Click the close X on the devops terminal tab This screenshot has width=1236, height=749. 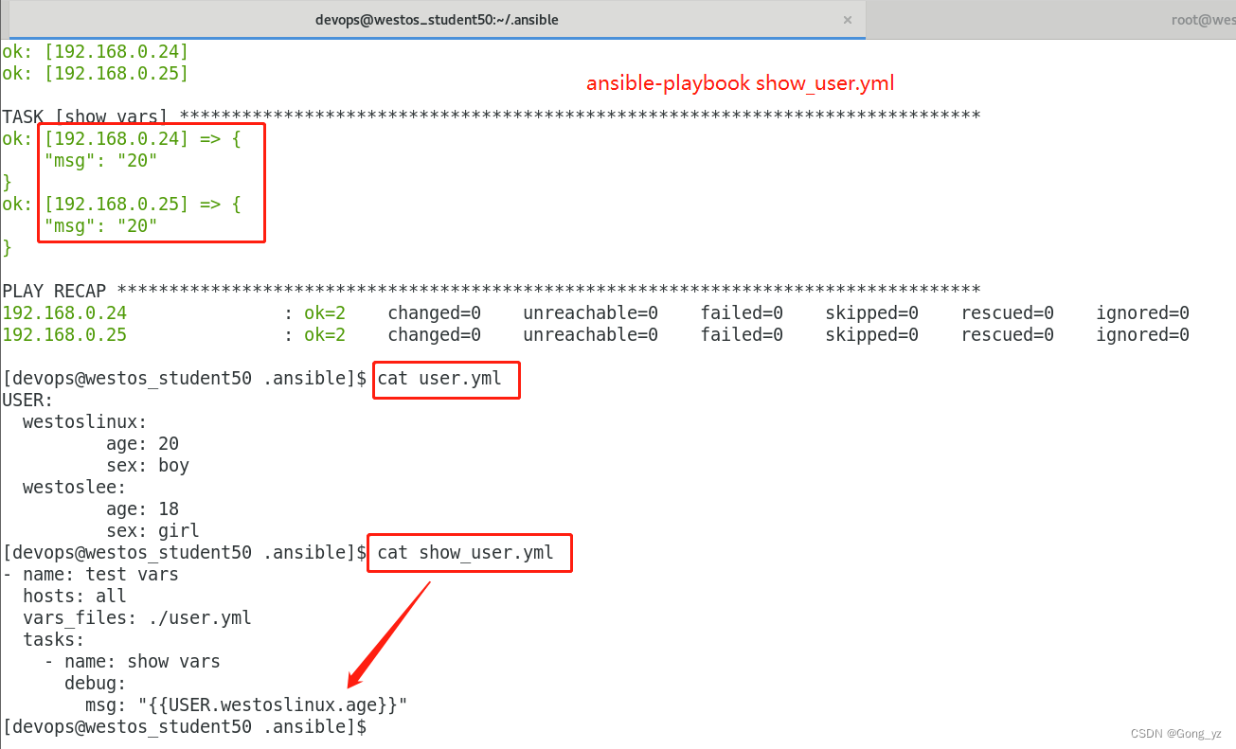click(848, 20)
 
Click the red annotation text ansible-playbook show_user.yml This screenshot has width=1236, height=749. click(740, 83)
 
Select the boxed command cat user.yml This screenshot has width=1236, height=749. click(446, 380)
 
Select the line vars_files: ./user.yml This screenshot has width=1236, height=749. click(137, 617)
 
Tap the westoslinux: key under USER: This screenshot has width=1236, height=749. click(85, 421)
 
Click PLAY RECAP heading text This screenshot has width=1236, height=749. click(54, 290)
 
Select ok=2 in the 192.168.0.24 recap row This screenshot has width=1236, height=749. click(325, 312)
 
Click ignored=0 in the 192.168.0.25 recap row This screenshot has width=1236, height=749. click(1142, 334)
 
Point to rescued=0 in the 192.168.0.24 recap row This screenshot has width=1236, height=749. click(1007, 312)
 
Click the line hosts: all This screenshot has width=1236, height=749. click(75, 596)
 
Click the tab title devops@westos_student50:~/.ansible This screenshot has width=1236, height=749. click(443, 20)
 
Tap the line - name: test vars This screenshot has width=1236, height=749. click(100, 574)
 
